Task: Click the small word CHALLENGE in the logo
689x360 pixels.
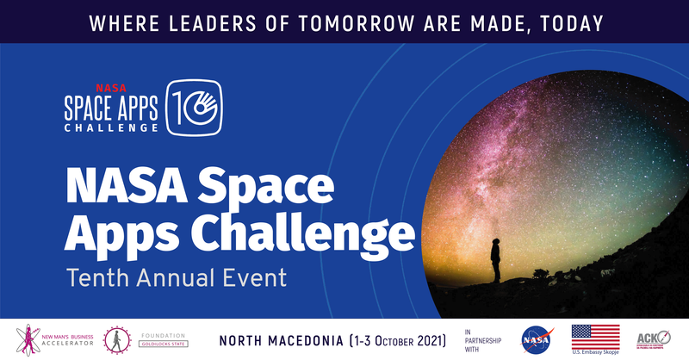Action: point(111,127)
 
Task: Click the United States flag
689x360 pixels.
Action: point(595,336)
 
